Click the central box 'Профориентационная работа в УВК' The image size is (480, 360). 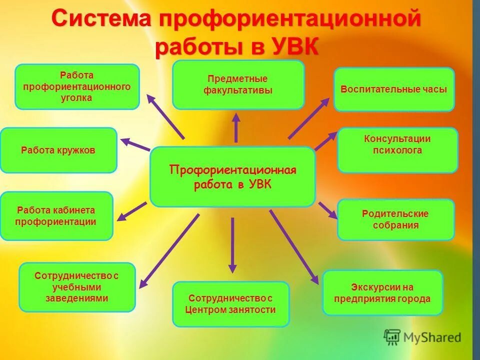click(232, 176)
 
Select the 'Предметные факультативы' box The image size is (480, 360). click(238, 84)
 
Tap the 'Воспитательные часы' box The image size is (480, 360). click(394, 89)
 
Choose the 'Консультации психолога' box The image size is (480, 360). click(397, 150)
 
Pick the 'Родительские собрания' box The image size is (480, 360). click(395, 219)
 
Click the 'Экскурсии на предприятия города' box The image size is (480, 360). click(382, 293)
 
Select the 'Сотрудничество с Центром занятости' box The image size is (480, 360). click(230, 304)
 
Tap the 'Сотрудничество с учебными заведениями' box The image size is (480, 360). click(77, 287)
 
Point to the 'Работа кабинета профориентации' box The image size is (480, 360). click(56, 216)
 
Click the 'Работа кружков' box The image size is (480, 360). click(58, 150)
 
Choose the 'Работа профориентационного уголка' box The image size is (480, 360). click(77, 86)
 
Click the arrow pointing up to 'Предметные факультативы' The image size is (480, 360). click(236, 127)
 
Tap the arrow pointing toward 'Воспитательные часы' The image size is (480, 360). click(308, 118)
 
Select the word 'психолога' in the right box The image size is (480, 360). click(397, 150)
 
